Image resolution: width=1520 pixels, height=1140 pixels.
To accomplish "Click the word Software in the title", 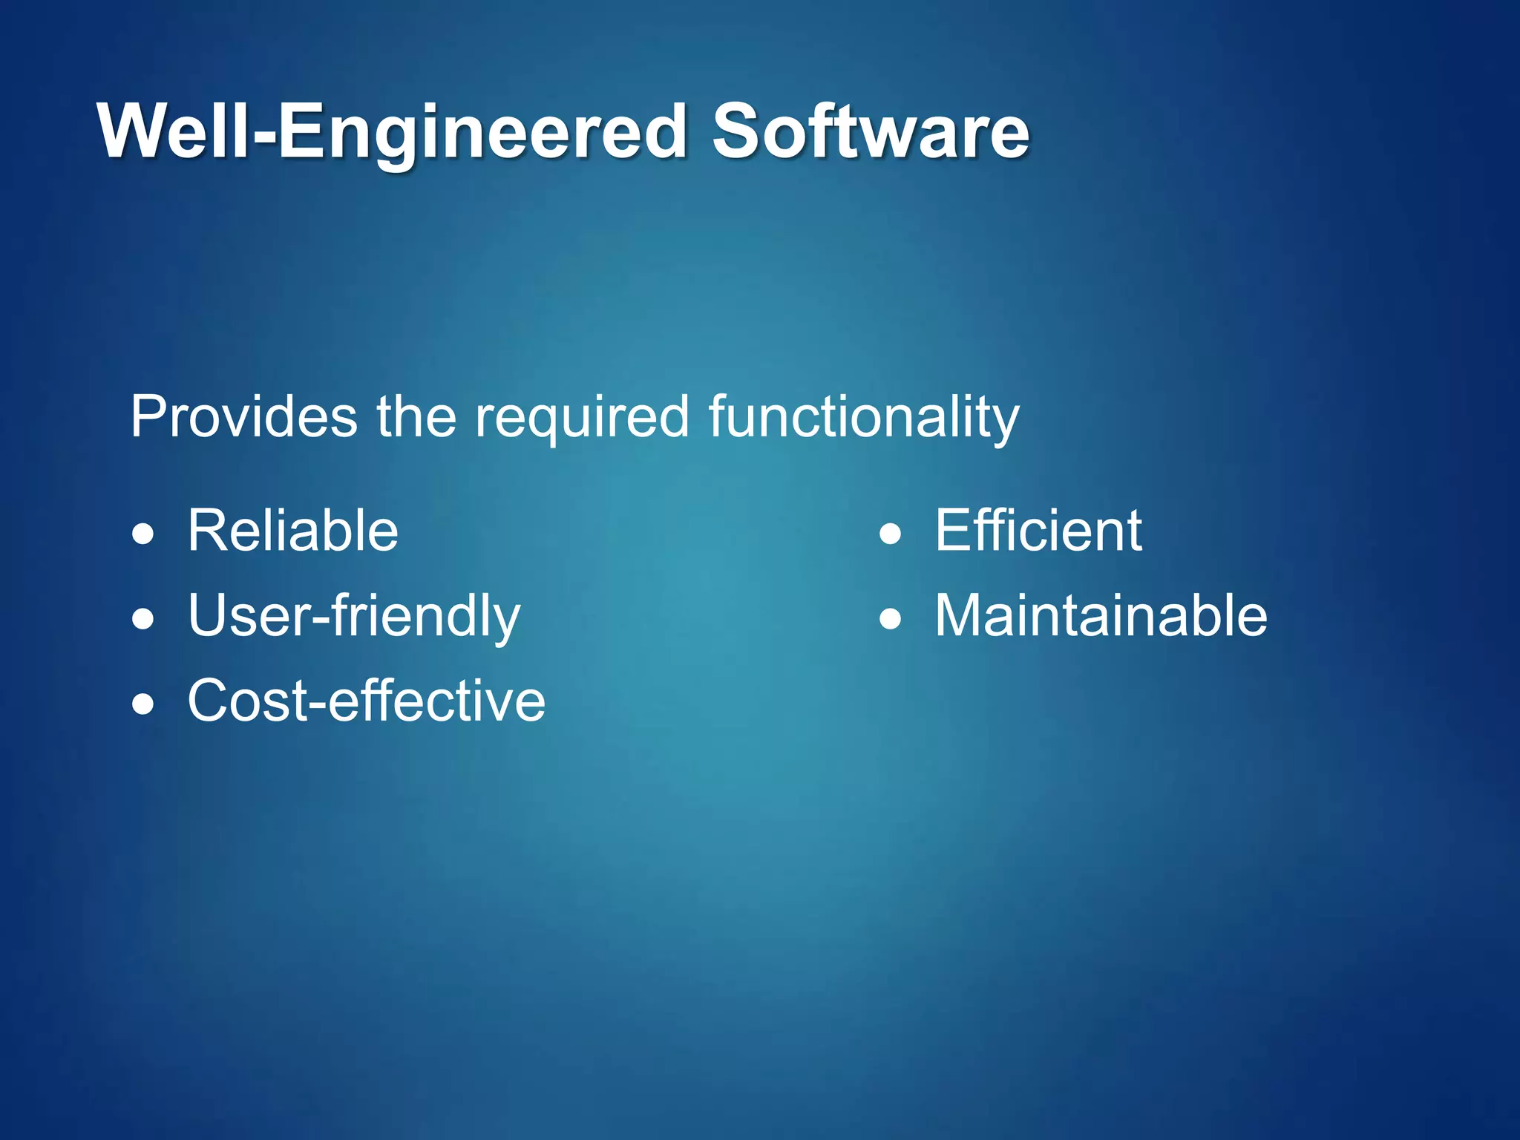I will point(870,132).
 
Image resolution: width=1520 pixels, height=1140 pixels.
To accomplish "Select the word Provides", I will point(243,417).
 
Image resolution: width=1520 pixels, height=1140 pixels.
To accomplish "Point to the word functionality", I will point(864,419).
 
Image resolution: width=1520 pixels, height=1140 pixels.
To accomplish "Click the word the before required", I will point(416,417).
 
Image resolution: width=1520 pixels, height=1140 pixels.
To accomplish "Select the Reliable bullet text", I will point(292,531).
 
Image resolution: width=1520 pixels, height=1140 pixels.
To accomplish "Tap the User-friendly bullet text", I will point(354,617).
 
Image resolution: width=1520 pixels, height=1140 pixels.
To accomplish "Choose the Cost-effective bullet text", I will point(366,701).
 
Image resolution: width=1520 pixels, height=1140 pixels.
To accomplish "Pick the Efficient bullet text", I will point(1038,531).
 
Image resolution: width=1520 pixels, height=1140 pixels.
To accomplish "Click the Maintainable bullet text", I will point(1101,616).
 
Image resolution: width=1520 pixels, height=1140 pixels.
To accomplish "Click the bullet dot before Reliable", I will point(143,534).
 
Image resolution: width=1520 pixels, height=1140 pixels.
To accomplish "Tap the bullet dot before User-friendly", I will point(143,618).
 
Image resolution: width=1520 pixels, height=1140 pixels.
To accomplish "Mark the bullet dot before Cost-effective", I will point(143,704).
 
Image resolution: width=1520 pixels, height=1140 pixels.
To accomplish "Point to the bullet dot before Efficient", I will point(890,534).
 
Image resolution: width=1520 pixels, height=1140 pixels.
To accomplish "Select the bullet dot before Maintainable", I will point(890,618).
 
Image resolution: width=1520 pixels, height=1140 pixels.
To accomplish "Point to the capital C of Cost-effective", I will point(210,701).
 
